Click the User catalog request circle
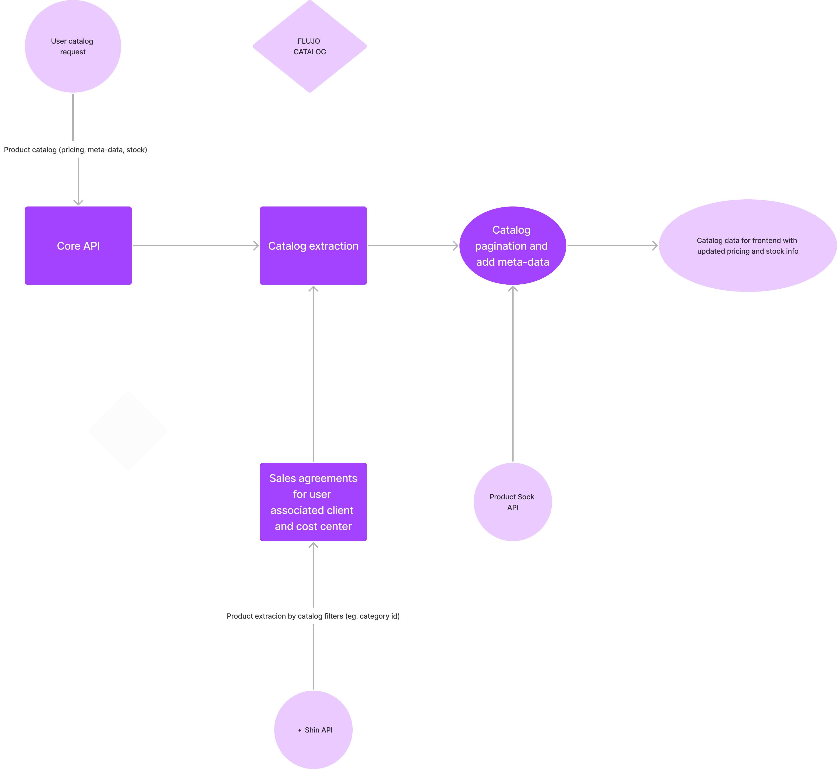click(x=73, y=46)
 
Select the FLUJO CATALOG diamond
click(x=310, y=46)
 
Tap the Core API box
click(x=78, y=245)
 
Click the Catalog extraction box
click(x=313, y=245)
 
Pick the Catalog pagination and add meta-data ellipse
click(x=512, y=245)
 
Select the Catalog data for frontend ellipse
click(x=748, y=245)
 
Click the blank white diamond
click(x=128, y=431)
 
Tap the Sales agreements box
click(x=313, y=502)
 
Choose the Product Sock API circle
click(x=512, y=502)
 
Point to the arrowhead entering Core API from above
click(x=78, y=203)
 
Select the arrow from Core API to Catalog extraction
click(x=196, y=245)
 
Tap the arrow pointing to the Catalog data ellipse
click(x=612, y=245)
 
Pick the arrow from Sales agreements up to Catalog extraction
click(x=313, y=374)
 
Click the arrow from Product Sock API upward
click(x=512, y=374)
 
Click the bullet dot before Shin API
click(x=299, y=730)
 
